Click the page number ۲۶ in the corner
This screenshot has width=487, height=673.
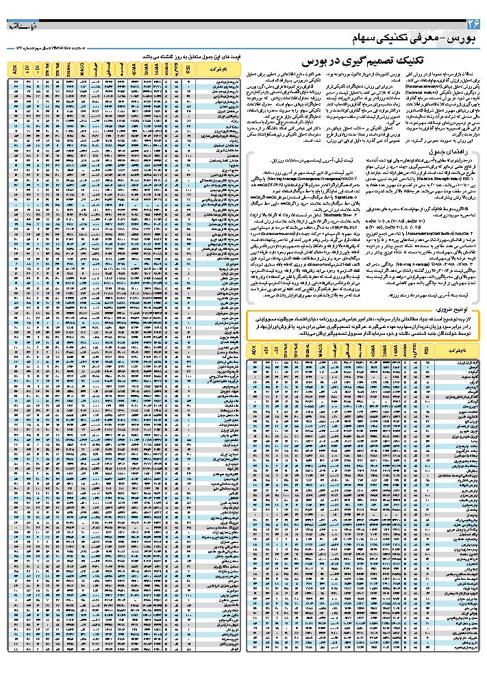471,23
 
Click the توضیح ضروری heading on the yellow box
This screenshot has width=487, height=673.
445,308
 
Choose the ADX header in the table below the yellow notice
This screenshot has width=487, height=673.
254,349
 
